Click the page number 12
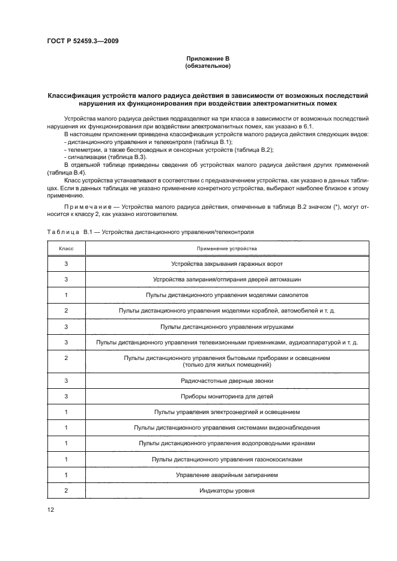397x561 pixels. coord(50,509)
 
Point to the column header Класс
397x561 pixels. coord(65,248)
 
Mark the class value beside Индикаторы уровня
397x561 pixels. coord(65,490)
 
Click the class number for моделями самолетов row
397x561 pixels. coord(65,295)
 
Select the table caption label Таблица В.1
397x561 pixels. coord(68,230)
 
